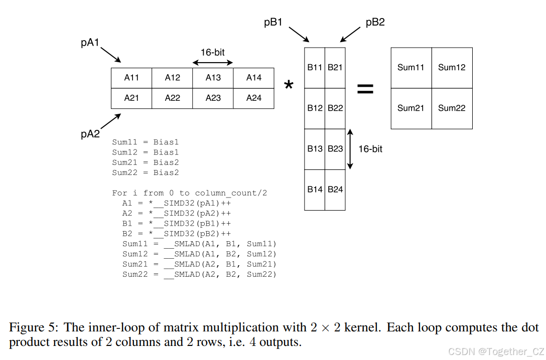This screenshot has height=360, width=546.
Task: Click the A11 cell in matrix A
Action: click(131, 78)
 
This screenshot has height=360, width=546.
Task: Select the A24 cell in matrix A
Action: click(254, 78)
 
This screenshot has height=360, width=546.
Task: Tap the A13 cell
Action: click(213, 78)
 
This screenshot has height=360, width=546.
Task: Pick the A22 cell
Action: click(173, 98)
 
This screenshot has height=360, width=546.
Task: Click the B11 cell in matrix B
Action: click(315, 68)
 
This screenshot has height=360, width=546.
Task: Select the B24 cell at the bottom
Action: click(335, 190)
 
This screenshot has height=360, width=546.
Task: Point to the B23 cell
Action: click(335, 149)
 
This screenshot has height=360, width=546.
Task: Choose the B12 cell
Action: click(315, 108)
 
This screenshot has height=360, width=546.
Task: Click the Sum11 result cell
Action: click(411, 68)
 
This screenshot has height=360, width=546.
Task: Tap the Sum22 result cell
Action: click(452, 108)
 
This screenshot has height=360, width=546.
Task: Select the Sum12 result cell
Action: click(452, 68)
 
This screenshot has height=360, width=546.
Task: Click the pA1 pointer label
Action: click(90, 43)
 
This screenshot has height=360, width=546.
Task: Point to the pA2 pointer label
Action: click(90, 134)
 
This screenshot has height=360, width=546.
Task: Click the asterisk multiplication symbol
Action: click(289, 86)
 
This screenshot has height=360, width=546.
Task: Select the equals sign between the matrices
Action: click(365, 89)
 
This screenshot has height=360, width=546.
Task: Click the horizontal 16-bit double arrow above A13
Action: click(213, 63)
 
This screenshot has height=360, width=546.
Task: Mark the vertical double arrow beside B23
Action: click(350, 149)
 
